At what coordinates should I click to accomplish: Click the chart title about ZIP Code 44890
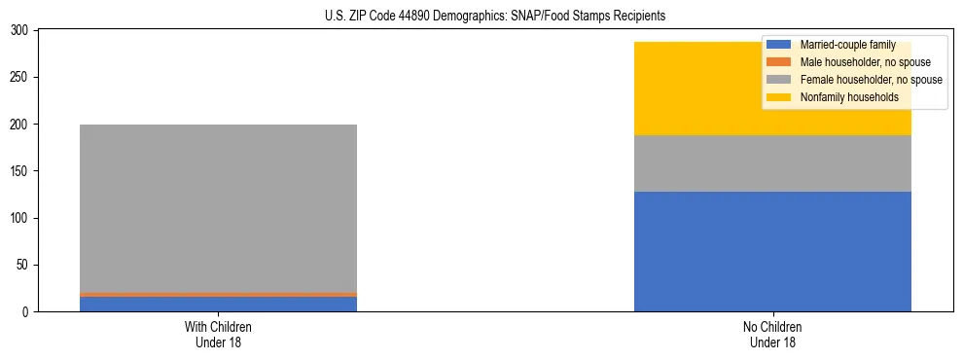point(495,17)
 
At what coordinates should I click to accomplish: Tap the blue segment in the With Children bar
point(218,304)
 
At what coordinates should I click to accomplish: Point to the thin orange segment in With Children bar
point(218,294)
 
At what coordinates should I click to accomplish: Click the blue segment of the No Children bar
point(772,251)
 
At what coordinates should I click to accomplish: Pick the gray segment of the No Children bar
point(772,163)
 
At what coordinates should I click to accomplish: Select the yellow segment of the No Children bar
point(681,89)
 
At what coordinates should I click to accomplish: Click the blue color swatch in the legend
point(778,45)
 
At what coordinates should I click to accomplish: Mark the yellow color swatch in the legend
point(778,97)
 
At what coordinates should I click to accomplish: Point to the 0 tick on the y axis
point(25,312)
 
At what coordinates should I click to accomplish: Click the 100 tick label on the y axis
point(19,218)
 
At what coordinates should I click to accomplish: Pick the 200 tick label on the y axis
point(19,125)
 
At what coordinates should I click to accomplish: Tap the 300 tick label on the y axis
point(19,31)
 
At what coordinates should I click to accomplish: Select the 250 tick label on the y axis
point(19,78)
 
